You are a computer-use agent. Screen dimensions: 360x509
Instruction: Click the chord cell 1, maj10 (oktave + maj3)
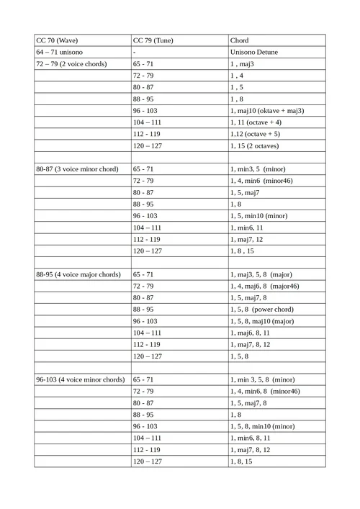pyautogui.click(x=272, y=110)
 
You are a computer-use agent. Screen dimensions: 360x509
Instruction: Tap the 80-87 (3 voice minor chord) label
pyautogui.click(x=77, y=168)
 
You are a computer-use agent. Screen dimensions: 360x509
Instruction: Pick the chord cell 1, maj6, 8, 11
pyautogui.click(x=251, y=332)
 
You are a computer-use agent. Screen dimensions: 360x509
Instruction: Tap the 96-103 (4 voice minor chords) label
pyautogui.click(x=81, y=379)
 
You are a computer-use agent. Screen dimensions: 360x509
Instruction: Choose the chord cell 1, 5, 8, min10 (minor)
pyautogui.click(x=263, y=426)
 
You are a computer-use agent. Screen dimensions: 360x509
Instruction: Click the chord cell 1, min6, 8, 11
pyautogui.click(x=251, y=437)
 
